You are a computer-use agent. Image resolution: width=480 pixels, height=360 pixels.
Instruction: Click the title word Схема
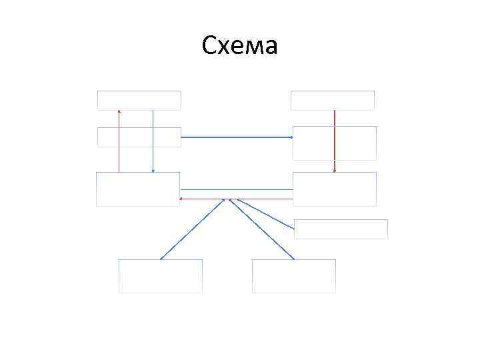[x=239, y=47]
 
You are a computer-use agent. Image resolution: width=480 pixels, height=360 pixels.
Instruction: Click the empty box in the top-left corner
[x=139, y=100]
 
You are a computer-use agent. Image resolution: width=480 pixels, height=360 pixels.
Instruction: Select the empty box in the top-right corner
[x=332, y=100]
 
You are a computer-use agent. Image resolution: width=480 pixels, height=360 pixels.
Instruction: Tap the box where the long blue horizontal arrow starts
[x=139, y=137]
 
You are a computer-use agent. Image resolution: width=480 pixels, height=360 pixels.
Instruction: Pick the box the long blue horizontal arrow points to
[x=334, y=143]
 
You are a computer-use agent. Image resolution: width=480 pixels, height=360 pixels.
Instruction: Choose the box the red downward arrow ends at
[x=334, y=189]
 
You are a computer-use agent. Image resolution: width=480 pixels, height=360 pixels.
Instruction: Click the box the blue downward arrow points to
[x=138, y=189]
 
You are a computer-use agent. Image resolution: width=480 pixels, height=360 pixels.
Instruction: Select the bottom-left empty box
[x=160, y=276]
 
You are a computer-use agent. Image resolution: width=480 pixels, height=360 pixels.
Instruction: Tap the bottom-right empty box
[x=293, y=276]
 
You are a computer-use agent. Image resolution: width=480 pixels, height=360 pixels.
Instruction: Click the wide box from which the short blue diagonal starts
[x=340, y=229]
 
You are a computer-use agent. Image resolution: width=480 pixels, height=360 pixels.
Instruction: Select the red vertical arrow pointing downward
[x=334, y=140]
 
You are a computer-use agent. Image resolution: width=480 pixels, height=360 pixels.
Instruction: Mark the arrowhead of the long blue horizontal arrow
[x=291, y=137]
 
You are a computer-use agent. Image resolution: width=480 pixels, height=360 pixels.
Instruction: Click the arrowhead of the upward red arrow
[x=119, y=111]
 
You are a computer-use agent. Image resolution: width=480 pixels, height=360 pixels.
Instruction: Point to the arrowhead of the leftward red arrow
[x=182, y=199]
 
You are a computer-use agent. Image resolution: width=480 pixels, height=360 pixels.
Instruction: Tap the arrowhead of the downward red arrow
[x=334, y=170]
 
